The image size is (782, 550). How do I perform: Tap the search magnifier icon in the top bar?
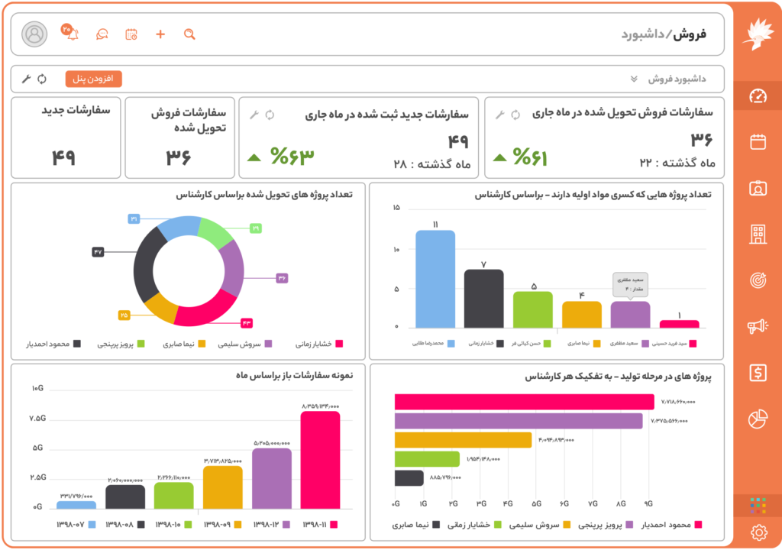point(189,34)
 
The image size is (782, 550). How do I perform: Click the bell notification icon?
point(73,34)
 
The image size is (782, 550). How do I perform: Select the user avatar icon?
point(34,34)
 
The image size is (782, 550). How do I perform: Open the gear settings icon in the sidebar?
point(758,532)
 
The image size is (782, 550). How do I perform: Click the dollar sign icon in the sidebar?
point(758,372)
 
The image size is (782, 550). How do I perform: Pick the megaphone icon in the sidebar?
point(758,327)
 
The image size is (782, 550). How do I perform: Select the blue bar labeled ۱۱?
point(435,279)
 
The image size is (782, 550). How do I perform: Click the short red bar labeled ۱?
point(679,324)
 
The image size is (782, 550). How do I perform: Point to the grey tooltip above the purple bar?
point(630,284)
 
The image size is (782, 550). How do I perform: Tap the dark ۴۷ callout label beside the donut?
point(98,252)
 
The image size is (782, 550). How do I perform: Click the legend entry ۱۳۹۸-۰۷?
point(76,525)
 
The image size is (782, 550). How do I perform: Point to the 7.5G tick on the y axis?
point(37,419)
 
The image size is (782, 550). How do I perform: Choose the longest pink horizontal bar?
point(524,402)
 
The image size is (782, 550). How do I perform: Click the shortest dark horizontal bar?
point(409,478)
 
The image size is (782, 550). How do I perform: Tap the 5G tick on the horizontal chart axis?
point(537,504)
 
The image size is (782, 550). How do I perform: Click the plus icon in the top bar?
point(160,34)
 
